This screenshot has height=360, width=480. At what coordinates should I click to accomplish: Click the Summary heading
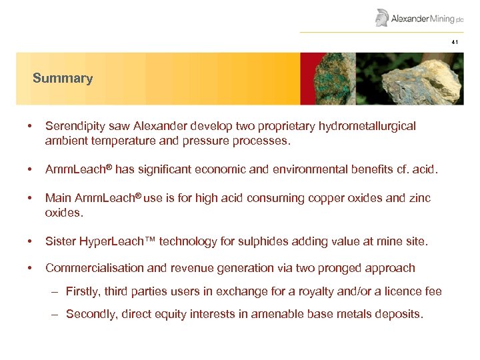coord(63,79)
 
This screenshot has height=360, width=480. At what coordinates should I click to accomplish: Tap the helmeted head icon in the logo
coord(382,17)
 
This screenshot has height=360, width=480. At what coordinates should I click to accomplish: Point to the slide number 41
coord(455,42)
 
